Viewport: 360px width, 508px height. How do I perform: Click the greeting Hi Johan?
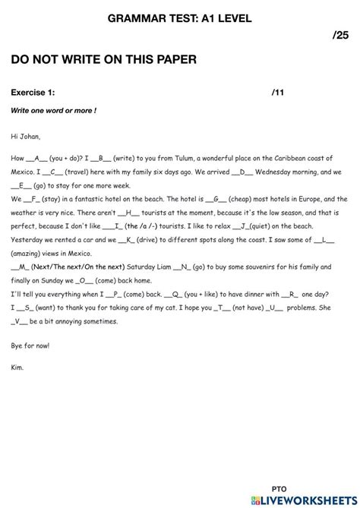click(26, 137)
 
